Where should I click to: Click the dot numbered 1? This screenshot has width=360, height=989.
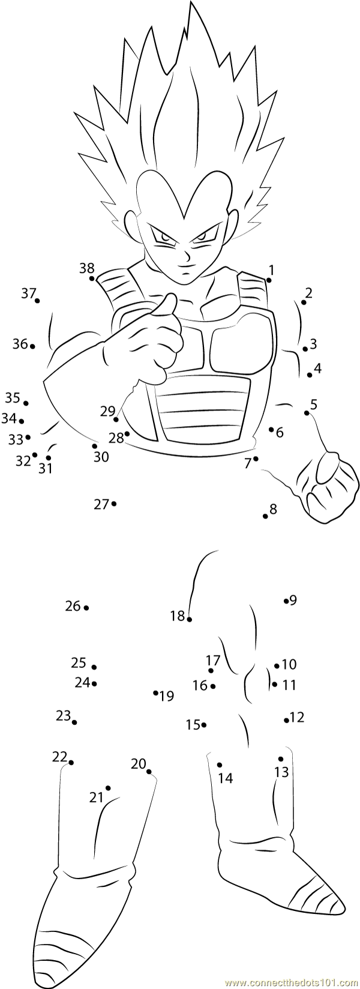coord(269,280)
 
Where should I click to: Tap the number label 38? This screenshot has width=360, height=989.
coord(87,268)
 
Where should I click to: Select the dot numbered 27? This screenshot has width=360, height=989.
coord(113,504)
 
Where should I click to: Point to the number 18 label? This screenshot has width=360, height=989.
coord(178,616)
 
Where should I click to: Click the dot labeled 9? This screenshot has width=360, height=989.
coord(286,600)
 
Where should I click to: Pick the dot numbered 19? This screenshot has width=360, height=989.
coord(155,693)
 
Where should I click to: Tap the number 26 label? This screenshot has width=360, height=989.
coord(73,606)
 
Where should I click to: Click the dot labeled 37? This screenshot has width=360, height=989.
coord(37,301)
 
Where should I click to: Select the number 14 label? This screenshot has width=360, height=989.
coord(225,778)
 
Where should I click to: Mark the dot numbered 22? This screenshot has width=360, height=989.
coord(71,762)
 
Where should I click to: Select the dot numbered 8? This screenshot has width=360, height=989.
coord(265,516)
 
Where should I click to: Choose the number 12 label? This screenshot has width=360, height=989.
coord(297,717)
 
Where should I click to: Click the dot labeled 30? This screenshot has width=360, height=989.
coord(94,446)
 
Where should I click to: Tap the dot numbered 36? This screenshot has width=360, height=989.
coord(32,346)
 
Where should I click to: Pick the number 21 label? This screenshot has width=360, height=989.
coord(97,798)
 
